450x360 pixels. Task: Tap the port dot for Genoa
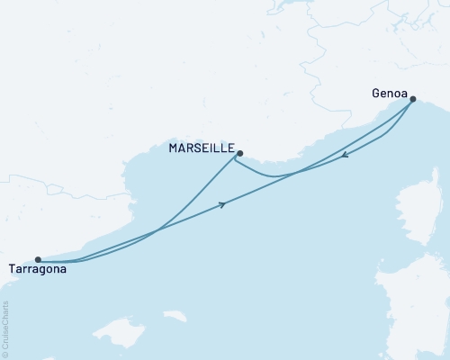pyautogui.click(x=413, y=100)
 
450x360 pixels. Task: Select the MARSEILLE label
pyautogui.click(x=202, y=148)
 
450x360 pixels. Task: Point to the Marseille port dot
pyautogui.click(x=239, y=153)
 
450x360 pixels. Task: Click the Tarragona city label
pyautogui.click(x=36, y=268)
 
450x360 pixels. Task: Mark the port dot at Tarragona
pyautogui.click(x=37, y=260)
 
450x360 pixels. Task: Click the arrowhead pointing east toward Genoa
pyautogui.click(x=221, y=205)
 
